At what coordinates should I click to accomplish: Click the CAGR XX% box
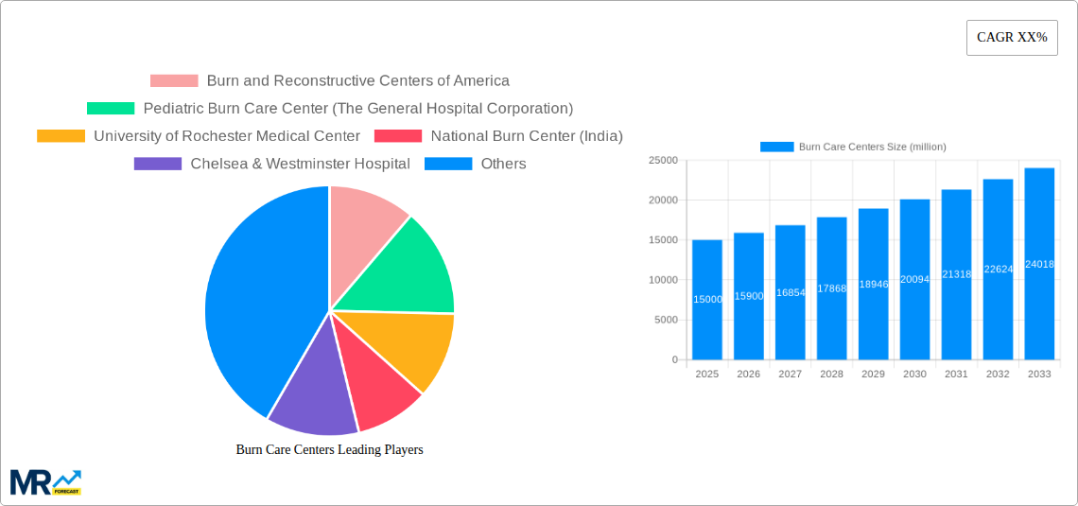tap(1012, 38)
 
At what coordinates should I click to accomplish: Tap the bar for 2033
tap(1039, 264)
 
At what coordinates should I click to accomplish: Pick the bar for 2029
tap(873, 284)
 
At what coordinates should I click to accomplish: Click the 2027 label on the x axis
tap(790, 375)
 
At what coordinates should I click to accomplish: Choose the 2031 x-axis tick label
tap(956, 375)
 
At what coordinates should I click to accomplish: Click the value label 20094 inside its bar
tap(914, 279)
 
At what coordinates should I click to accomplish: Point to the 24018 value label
tap(1039, 264)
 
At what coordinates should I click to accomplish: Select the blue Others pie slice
tap(255, 293)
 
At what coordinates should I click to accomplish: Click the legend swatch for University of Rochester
tap(61, 136)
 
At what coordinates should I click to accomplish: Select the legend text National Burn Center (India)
tap(526, 136)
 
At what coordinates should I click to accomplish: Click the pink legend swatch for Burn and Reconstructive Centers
tap(174, 81)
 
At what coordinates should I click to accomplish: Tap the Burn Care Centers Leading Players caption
tap(329, 450)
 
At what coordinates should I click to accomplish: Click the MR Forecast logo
tap(45, 481)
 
